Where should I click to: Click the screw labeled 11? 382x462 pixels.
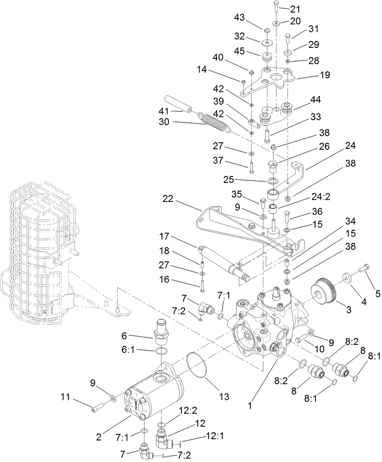click(97, 406)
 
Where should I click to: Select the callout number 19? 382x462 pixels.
click(324, 75)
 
